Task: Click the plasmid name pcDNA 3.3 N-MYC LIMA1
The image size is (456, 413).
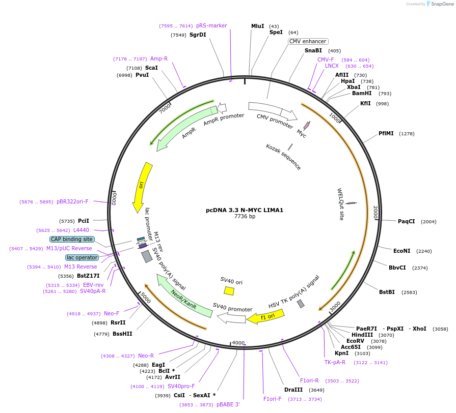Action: pyautogui.click(x=245, y=210)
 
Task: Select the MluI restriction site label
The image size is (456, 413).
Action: pyautogui.click(x=258, y=26)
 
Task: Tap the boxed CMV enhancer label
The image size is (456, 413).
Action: pyautogui.click(x=308, y=41)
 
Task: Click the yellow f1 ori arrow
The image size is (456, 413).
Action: pyautogui.click(x=265, y=317)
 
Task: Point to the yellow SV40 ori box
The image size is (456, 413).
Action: pyautogui.click(x=229, y=290)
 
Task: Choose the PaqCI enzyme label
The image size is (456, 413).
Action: pyautogui.click(x=407, y=221)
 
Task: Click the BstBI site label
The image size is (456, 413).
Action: pyautogui.click(x=387, y=292)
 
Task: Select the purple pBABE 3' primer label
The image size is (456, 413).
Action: pyautogui.click(x=228, y=404)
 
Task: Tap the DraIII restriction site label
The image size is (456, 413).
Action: pyautogui.click(x=294, y=390)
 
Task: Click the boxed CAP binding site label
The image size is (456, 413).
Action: pyautogui.click(x=72, y=239)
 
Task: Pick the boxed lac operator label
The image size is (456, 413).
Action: pyautogui.click(x=82, y=257)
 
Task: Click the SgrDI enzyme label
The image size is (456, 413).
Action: pyautogui.click(x=198, y=35)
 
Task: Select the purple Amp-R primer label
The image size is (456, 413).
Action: pyautogui.click(x=159, y=58)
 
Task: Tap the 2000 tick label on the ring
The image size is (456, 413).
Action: pyautogui.click(x=375, y=213)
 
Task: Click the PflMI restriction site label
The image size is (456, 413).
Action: pyautogui.click(x=386, y=133)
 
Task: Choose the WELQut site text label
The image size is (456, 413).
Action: pyautogui.click(x=341, y=204)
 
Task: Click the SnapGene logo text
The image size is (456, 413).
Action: pyautogui.click(x=440, y=4)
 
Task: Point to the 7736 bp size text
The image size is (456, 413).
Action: pyautogui.click(x=245, y=217)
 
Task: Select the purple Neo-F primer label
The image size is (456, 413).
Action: pyautogui.click(x=112, y=313)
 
